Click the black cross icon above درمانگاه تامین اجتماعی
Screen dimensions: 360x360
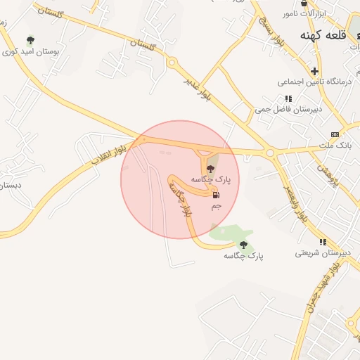click(315, 70)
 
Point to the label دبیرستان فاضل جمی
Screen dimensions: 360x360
click(288, 110)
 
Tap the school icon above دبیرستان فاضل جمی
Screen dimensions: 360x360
click(288, 99)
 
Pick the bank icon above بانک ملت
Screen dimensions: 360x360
click(335, 134)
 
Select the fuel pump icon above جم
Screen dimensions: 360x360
click(216, 195)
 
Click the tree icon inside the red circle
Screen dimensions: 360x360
click(210, 168)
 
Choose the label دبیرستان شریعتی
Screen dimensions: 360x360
click(317, 252)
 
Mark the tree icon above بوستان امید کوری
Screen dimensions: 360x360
click(30, 40)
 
